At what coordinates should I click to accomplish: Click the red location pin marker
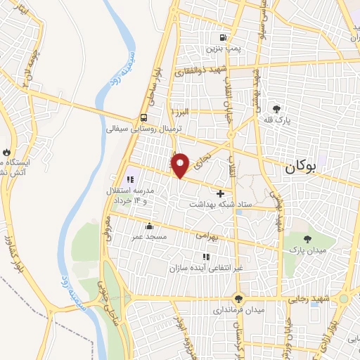click(x=181, y=165)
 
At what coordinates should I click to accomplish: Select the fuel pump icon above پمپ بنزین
click(x=224, y=38)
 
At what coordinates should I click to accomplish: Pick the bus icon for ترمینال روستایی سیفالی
click(x=143, y=118)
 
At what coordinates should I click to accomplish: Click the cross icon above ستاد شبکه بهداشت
click(x=221, y=193)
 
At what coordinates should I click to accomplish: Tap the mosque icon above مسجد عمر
click(x=149, y=226)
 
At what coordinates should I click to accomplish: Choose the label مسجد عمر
click(x=149, y=238)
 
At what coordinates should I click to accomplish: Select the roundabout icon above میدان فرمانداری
click(x=239, y=297)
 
